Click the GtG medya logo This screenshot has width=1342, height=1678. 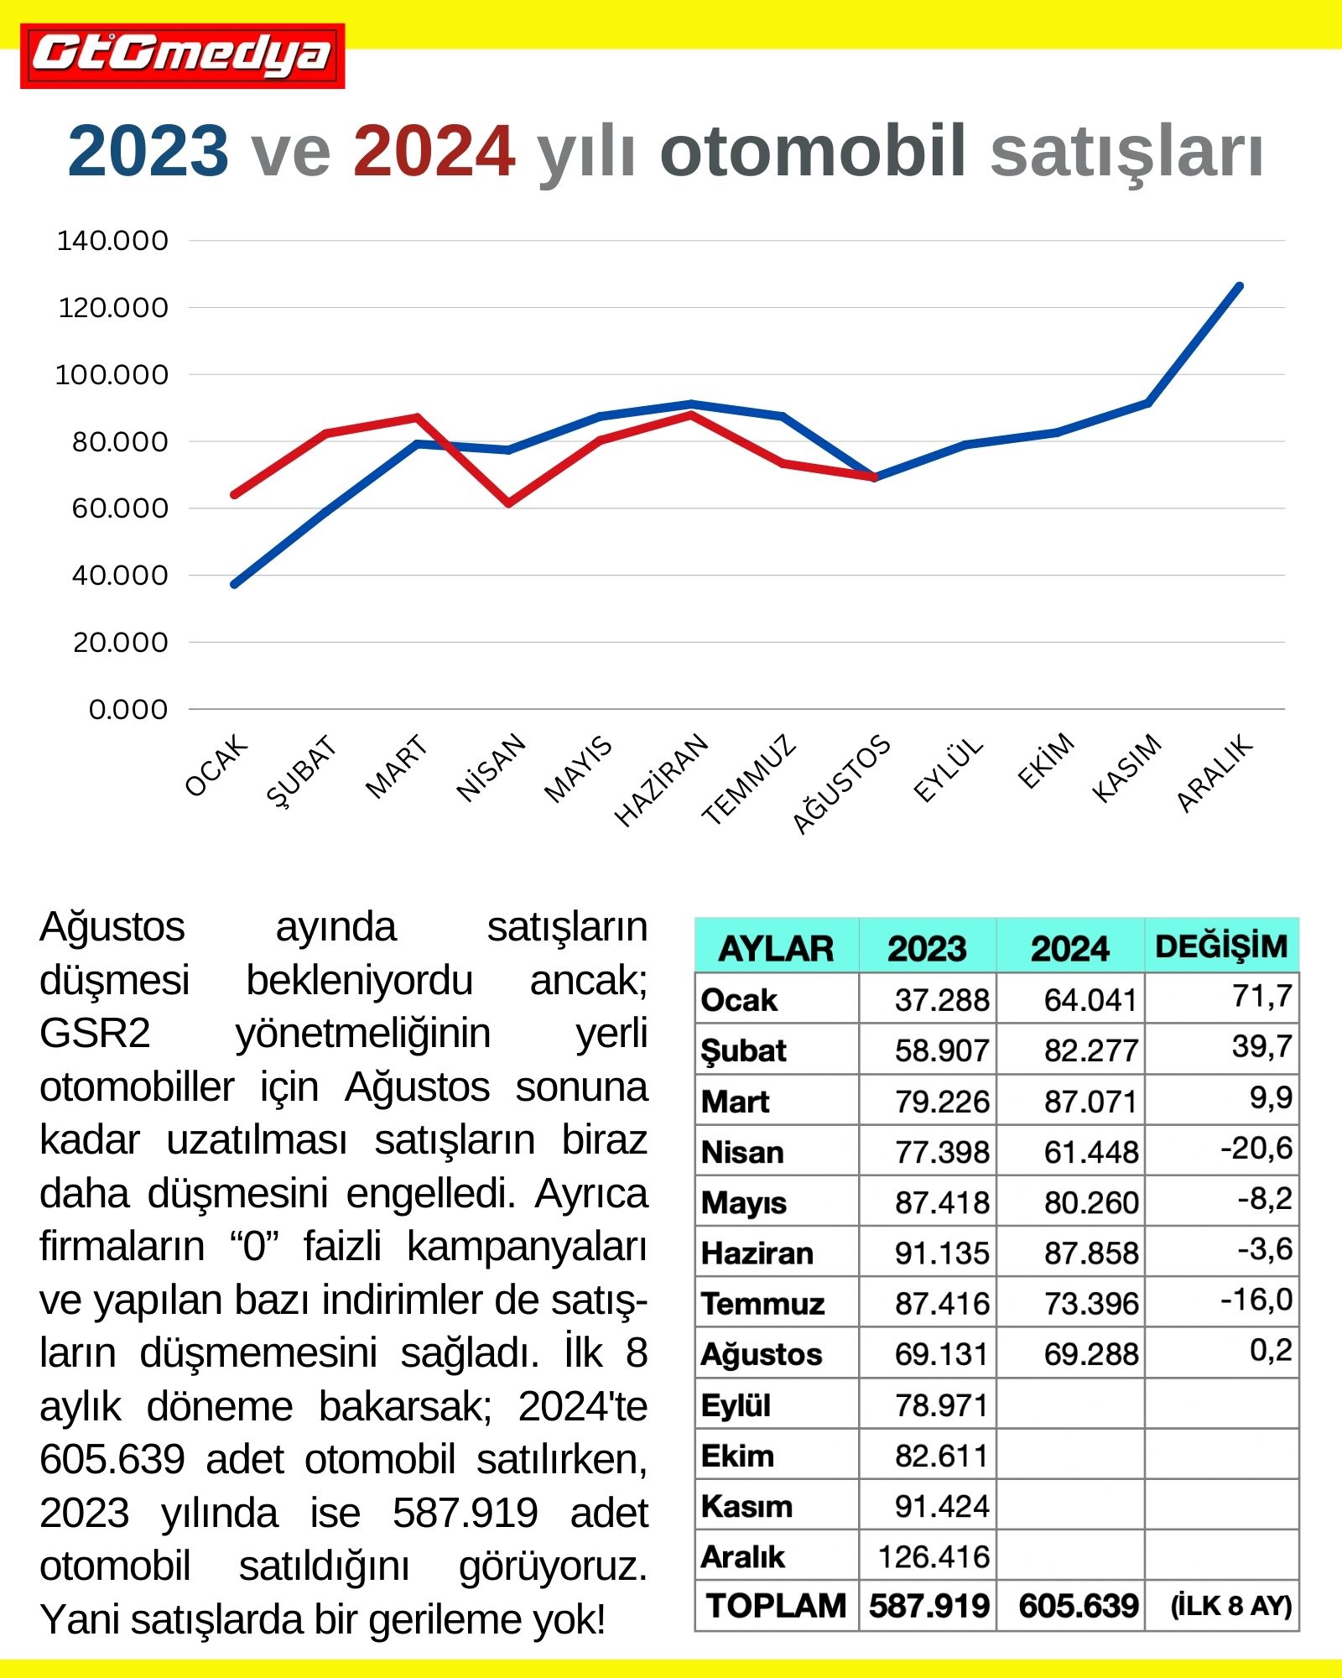(x=182, y=55)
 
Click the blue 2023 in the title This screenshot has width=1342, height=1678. (x=148, y=152)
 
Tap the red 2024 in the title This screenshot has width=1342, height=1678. (x=434, y=152)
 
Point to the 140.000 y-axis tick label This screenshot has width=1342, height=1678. (x=112, y=241)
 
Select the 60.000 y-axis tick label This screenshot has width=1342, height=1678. (x=120, y=508)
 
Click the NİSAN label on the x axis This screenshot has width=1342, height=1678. (x=491, y=768)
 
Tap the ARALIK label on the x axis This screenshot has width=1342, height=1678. (x=1215, y=773)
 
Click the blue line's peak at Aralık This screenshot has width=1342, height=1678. (x=1240, y=287)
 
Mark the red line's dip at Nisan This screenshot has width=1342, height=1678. (x=508, y=503)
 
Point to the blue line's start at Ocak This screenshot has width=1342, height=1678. (x=235, y=584)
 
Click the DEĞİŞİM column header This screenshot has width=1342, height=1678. (x=1221, y=946)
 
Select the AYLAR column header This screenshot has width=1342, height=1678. (x=776, y=948)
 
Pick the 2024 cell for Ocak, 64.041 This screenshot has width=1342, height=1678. (x=1090, y=1000)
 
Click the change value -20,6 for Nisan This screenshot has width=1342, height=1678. (x=1256, y=1148)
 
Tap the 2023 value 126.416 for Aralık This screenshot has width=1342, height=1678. (x=934, y=1557)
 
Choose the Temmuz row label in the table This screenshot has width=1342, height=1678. (x=763, y=1304)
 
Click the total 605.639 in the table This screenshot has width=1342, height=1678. (x=1079, y=1606)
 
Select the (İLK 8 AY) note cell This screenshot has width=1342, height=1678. (x=1230, y=1606)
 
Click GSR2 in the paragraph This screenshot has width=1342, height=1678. (x=95, y=1034)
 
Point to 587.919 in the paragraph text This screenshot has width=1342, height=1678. (x=466, y=1514)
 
